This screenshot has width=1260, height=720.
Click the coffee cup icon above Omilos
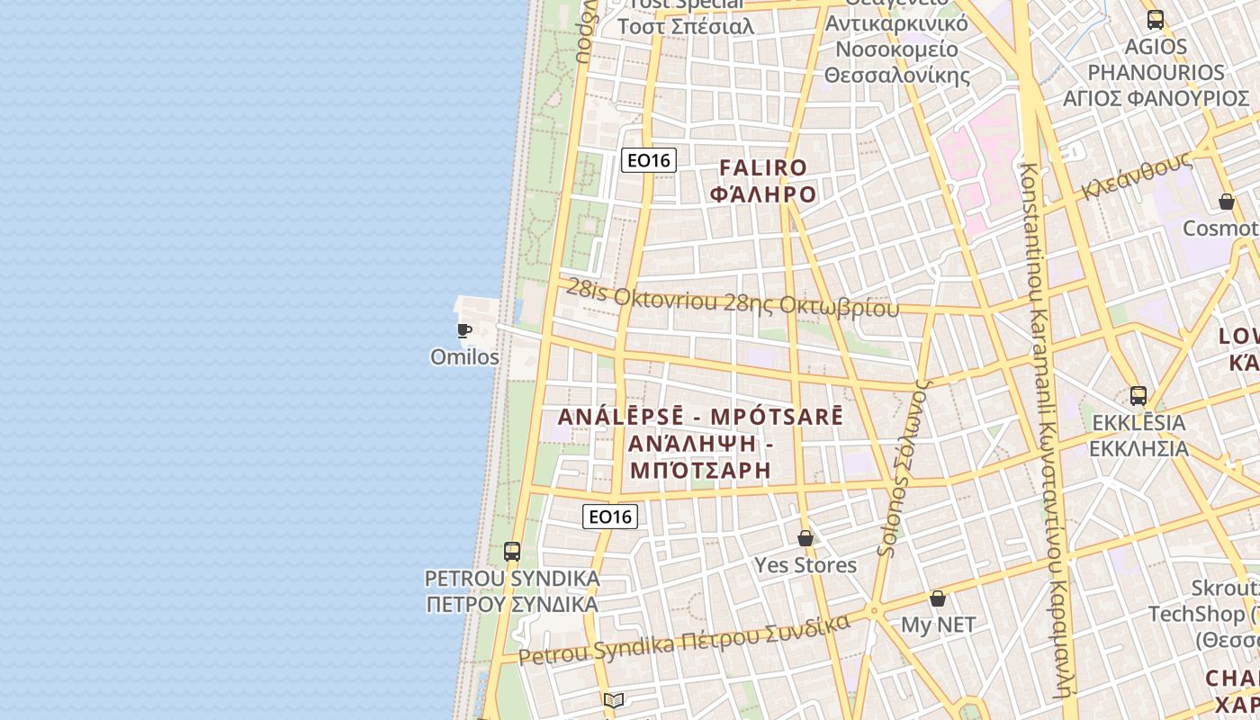[464, 330]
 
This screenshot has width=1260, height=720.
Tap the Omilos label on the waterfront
[464, 357]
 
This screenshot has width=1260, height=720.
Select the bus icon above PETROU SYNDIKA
[512, 551]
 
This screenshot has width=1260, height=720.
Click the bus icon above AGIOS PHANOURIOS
[1156, 19]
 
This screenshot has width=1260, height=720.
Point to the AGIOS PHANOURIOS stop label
[1156, 72]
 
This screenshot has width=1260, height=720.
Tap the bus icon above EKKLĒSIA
[1138, 395]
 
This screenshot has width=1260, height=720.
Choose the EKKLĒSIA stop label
[1138, 435]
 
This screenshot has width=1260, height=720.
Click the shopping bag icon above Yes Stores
[805, 538]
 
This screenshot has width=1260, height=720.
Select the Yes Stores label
[805, 565]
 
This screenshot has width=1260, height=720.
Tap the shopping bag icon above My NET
[938, 598]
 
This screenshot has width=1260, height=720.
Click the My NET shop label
[938, 625]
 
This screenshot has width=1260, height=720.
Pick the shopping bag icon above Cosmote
[1227, 202]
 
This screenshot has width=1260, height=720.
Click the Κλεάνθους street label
[1138, 175]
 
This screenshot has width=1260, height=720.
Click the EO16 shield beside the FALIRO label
[648, 160]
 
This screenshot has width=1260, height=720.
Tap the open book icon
[614, 700]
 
